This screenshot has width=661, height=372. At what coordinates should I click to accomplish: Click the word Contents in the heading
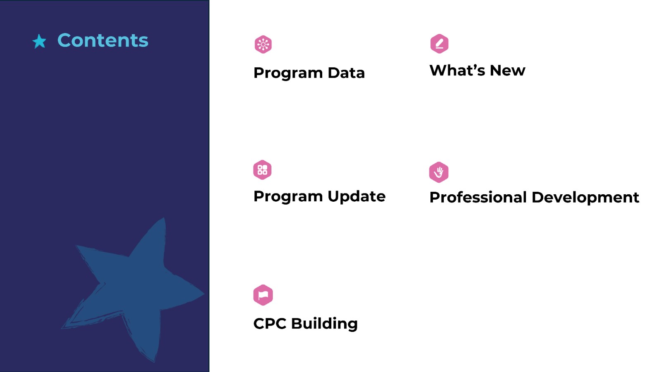(103, 40)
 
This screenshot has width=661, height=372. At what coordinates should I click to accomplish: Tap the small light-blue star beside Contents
(39, 41)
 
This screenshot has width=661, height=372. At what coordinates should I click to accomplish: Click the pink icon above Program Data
(263, 45)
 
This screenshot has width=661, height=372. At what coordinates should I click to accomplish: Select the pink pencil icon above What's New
(439, 44)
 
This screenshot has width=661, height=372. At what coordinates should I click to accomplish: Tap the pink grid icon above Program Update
(262, 170)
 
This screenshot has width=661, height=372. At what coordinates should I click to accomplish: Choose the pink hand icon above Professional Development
(439, 172)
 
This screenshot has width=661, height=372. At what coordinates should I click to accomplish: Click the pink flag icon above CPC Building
(263, 295)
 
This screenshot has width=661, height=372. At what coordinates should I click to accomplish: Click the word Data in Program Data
(346, 73)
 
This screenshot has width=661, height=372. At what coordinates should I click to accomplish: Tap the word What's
(457, 70)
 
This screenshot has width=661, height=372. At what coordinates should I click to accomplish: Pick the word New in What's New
(508, 70)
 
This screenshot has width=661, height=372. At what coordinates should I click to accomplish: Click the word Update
(357, 197)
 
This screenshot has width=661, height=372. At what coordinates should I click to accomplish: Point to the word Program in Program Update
(288, 197)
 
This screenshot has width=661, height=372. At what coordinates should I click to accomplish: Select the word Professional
(478, 197)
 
